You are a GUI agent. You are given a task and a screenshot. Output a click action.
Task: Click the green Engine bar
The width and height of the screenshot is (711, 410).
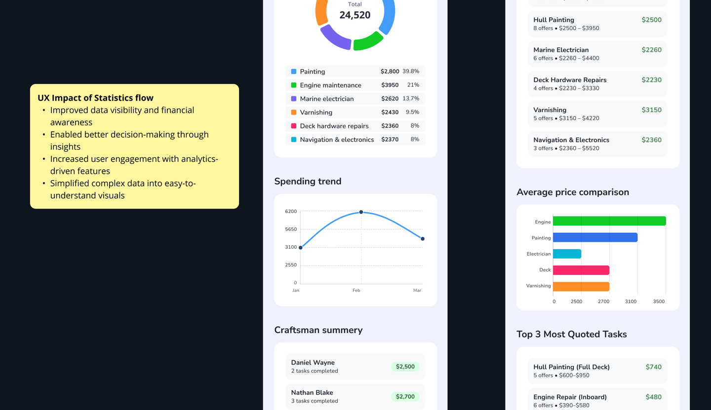click(x=609, y=221)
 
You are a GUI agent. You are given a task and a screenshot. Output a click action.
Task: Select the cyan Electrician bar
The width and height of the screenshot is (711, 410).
click(x=567, y=254)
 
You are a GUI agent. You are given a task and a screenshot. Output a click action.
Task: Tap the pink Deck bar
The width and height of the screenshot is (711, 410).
click(x=581, y=270)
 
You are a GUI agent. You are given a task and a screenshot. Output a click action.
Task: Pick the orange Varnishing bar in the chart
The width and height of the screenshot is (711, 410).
click(x=581, y=286)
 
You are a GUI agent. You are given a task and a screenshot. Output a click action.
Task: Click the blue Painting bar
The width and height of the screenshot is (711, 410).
click(x=595, y=237)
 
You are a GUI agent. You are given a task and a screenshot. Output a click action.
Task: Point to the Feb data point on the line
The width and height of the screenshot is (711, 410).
click(x=361, y=212)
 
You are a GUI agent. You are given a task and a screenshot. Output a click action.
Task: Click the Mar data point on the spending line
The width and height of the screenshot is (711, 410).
click(x=423, y=239)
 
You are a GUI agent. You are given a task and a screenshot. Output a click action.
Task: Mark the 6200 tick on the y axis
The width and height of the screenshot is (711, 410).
click(x=291, y=212)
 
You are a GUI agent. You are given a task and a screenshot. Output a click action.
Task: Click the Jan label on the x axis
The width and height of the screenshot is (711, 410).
click(x=296, y=291)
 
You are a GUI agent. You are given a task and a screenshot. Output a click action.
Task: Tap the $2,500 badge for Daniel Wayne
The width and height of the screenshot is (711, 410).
click(x=405, y=367)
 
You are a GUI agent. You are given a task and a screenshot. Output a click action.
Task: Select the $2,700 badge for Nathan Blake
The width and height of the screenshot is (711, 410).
click(x=405, y=397)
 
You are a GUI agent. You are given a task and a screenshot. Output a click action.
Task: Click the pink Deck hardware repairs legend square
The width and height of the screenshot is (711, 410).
click(x=294, y=126)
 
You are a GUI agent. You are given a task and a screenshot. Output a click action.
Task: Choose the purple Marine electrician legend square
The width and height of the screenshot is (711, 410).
click(x=294, y=99)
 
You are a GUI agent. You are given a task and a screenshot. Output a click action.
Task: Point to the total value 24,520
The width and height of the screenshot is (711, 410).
click(x=355, y=15)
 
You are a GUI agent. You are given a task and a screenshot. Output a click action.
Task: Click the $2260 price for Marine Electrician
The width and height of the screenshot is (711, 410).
click(x=651, y=50)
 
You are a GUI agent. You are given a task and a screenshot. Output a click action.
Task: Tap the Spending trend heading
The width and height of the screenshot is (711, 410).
click(x=308, y=182)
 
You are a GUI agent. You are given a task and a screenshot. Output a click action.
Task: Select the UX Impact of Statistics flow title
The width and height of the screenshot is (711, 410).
click(x=95, y=98)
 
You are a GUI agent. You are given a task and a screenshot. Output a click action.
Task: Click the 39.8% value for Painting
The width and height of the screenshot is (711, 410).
click(x=410, y=72)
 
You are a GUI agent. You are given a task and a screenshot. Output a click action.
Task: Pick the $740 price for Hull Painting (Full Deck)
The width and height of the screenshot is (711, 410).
click(x=653, y=367)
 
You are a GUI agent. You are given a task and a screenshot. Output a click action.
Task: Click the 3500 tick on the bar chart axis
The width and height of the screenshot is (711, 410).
click(x=659, y=301)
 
